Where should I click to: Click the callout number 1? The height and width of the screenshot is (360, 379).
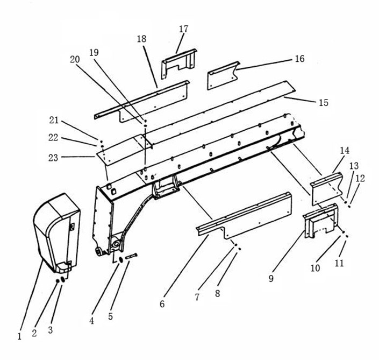(19, 336)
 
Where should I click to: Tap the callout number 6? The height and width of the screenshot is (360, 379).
(162, 304)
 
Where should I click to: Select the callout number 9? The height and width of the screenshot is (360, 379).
(271, 278)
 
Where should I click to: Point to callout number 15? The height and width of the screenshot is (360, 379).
(323, 102)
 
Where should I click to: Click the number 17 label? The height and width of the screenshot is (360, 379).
(183, 29)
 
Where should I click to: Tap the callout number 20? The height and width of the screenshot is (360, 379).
(75, 59)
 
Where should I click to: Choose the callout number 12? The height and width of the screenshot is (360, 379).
(360, 178)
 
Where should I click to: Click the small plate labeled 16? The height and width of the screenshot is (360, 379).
(223, 76)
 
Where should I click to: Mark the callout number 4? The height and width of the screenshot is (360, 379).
(91, 320)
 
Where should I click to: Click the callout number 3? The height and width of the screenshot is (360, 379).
(51, 330)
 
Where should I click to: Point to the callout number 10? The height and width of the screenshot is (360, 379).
(315, 267)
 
